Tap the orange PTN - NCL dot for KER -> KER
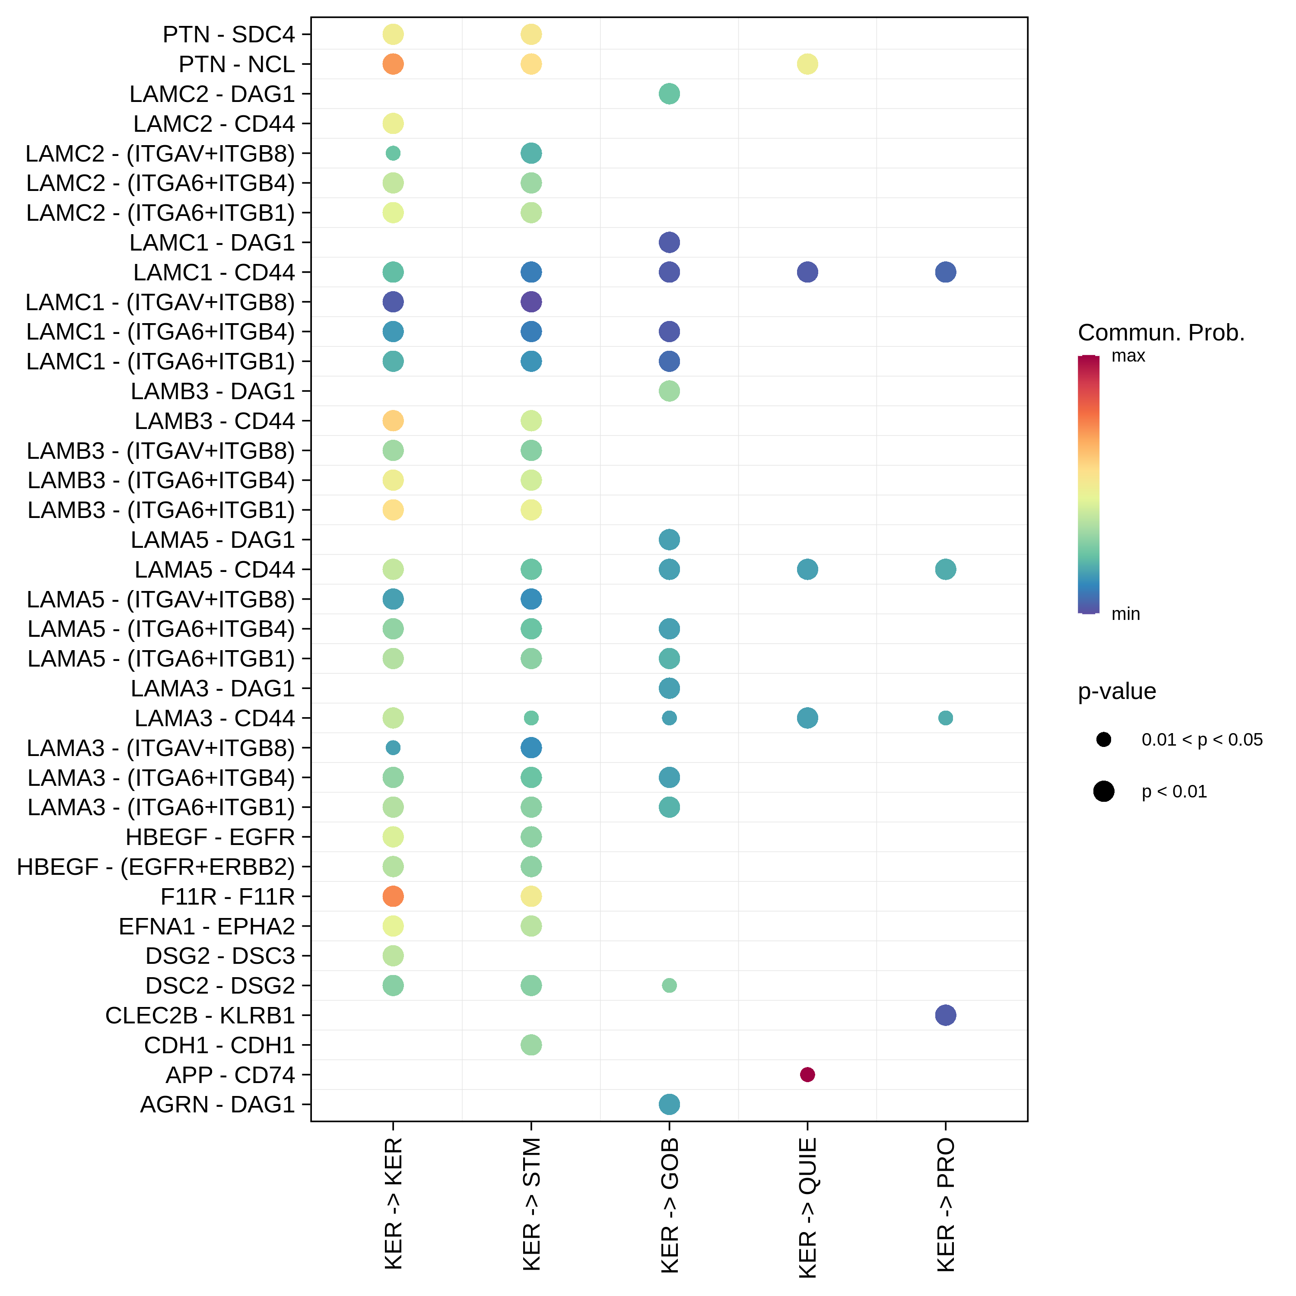(393, 64)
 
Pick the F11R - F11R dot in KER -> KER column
(393, 896)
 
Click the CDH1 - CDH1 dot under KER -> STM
(531, 1045)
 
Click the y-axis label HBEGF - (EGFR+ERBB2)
(156, 867)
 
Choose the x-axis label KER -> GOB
(670, 1205)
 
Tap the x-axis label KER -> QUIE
(808, 1207)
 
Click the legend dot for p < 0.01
(1103, 791)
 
